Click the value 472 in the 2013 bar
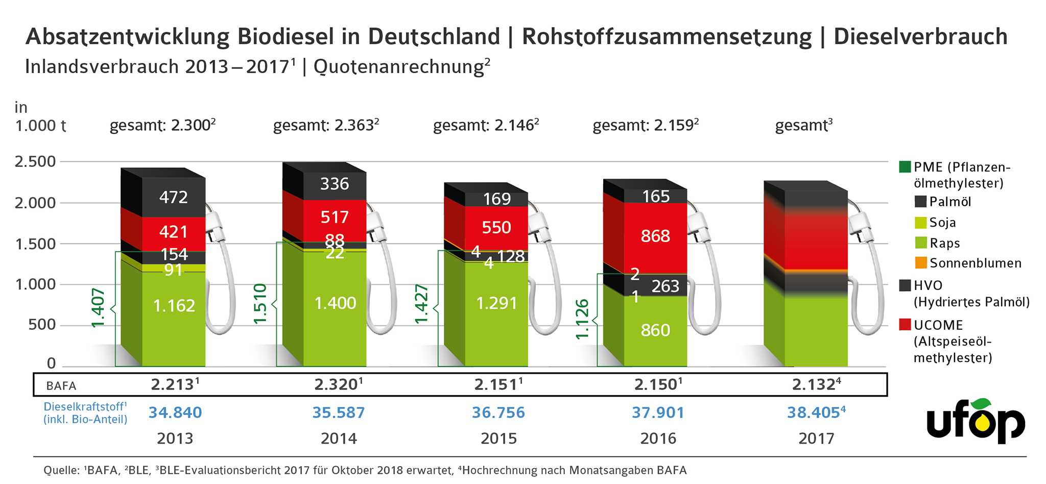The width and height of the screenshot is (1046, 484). (174, 197)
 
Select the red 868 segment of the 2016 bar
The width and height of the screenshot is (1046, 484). (655, 236)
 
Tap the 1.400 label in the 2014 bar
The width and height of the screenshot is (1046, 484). (335, 303)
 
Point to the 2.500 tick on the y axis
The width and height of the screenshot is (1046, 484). (35, 162)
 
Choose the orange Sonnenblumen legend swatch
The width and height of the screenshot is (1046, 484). (920, 263)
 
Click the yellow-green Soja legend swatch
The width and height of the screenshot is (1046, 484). (920, 223)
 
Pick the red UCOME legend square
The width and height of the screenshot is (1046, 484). (905, 325)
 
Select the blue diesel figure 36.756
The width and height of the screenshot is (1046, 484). (498, 413)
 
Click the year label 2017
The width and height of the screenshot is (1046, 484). (816, 439)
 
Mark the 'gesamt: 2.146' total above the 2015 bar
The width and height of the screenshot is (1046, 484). (485, 126)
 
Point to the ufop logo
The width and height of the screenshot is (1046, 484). (976, 422)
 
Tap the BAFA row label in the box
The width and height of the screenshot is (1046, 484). (61, 386)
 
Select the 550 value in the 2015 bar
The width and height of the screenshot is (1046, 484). (496, 227)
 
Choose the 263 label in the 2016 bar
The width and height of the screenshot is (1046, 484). (665, 286)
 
